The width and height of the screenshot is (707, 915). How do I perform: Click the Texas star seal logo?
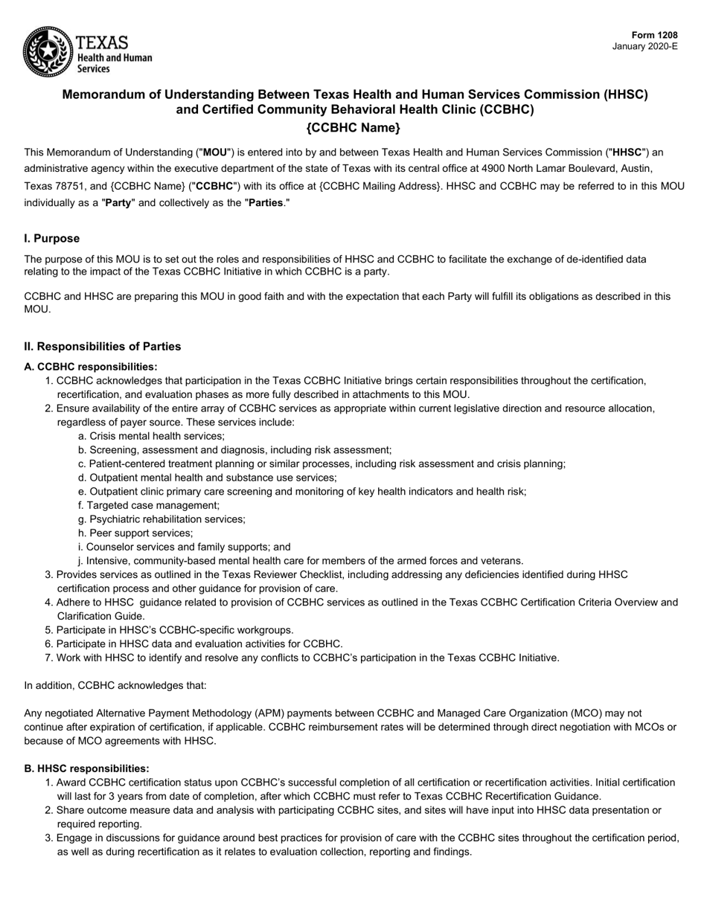click(x=48, y=51)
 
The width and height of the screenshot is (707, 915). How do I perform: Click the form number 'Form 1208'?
click(x=655, y=35)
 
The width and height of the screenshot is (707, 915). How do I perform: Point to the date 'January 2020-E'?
click(x=644, y=46)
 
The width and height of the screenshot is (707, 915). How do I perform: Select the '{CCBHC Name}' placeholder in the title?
click(x=353, y=127)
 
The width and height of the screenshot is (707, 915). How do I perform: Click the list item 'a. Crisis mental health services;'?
click(x=151, y=437)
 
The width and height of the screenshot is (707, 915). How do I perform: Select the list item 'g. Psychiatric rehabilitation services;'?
click(x=161, y=519)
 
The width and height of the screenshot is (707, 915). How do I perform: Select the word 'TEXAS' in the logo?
click(x=103, y=42)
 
